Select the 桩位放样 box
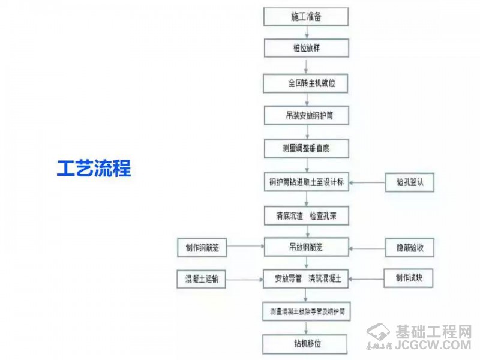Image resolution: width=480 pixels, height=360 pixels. (306, 48)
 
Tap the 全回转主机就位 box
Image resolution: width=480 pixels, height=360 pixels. (306, 83)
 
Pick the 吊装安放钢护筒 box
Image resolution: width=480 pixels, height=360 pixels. (306, 115)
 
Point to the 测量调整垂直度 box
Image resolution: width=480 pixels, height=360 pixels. (306, 148)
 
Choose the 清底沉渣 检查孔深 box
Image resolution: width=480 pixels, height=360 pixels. (306, 215)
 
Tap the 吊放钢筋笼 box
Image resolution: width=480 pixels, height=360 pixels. (306, 246)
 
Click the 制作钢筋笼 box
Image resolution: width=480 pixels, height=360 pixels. (202, 246)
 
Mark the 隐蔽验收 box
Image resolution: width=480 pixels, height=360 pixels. (409, 246)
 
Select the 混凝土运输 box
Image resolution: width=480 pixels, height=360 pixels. (202, 278)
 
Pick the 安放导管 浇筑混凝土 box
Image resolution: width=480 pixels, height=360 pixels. (306, 278)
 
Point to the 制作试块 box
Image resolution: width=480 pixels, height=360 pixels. (409, 278)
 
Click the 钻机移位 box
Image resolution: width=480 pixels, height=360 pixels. (306, 344)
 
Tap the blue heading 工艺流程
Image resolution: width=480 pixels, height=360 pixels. (94, 168)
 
